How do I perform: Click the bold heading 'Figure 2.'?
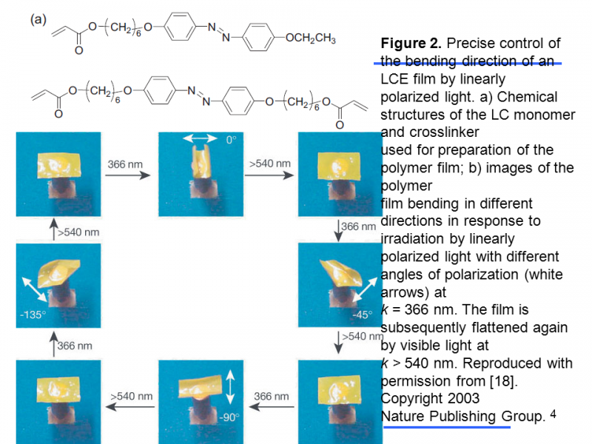(411, 43)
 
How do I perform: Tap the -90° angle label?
(229, 418)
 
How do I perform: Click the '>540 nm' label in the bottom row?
(131, 397)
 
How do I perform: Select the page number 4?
(553, 414)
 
